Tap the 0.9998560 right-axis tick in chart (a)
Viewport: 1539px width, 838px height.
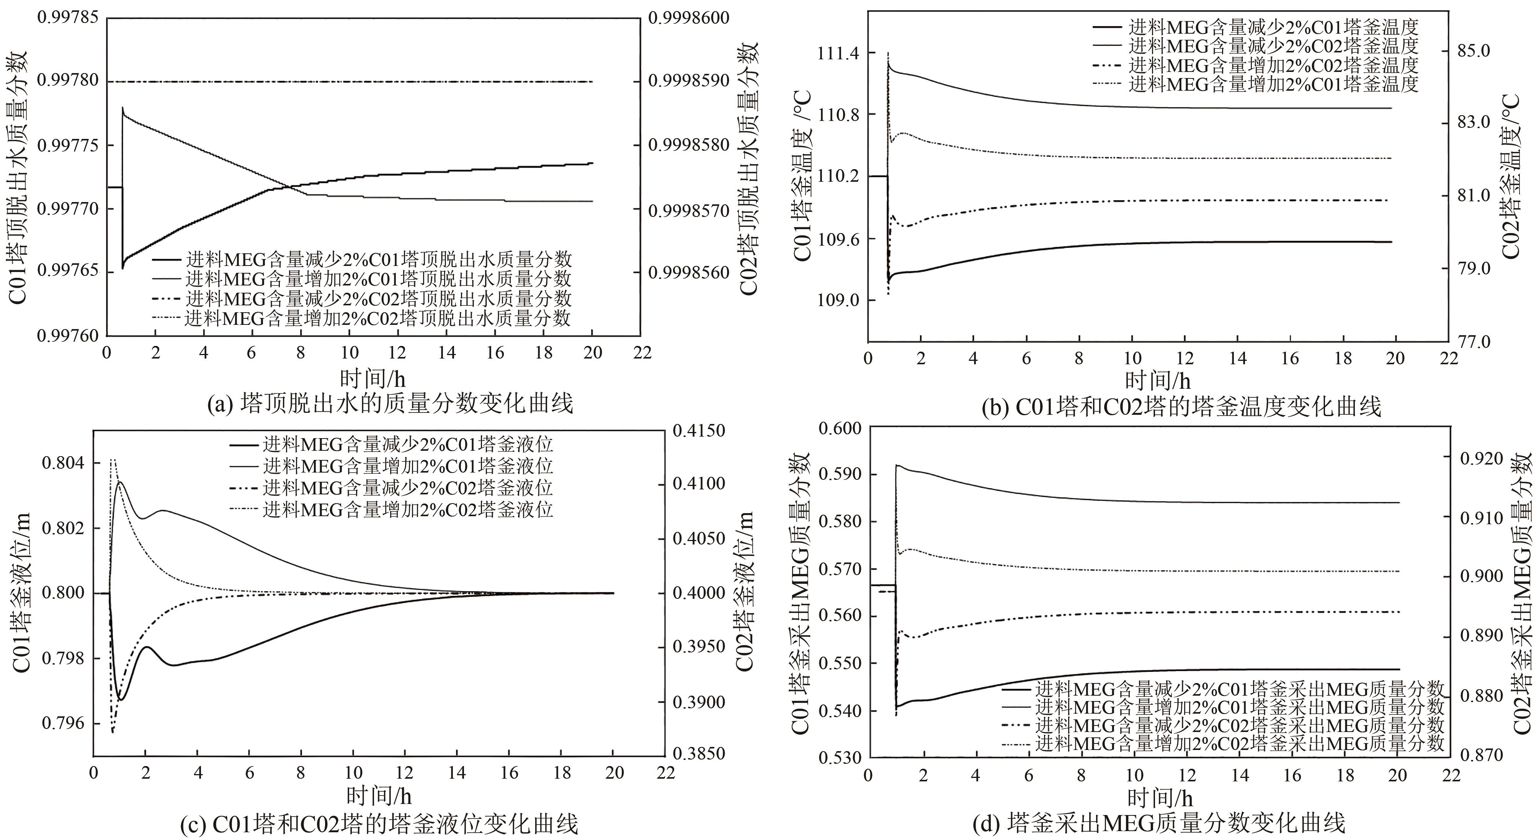tap(689, 273)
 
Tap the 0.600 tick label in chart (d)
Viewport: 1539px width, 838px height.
tap(840, 428)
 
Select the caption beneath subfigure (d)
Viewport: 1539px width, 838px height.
tap(1158, 824)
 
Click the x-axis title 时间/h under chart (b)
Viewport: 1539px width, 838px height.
tap(1157, 380)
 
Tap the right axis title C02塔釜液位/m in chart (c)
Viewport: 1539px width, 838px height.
tap(744, 591)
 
